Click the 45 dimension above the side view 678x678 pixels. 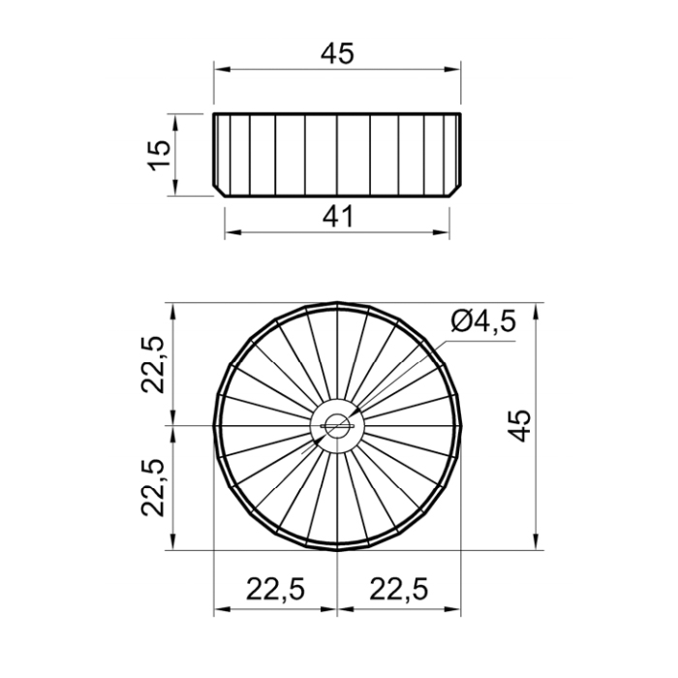click(x=337, y=53)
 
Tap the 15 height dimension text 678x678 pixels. click(x=160, y=155)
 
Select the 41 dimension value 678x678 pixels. click(x=338, y=217)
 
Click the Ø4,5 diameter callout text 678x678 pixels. click(x=483, y=323)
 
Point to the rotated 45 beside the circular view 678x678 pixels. click(x=519, y=425)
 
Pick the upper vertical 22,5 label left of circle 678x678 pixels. click(x=153, y=364)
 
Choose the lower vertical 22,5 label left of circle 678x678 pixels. click(x=153, y=488)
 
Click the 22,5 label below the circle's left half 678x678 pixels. click(x=276, y=589)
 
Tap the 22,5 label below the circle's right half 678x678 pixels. click(x=399, y=589)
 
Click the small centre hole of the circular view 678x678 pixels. click(x=337, y=426)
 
